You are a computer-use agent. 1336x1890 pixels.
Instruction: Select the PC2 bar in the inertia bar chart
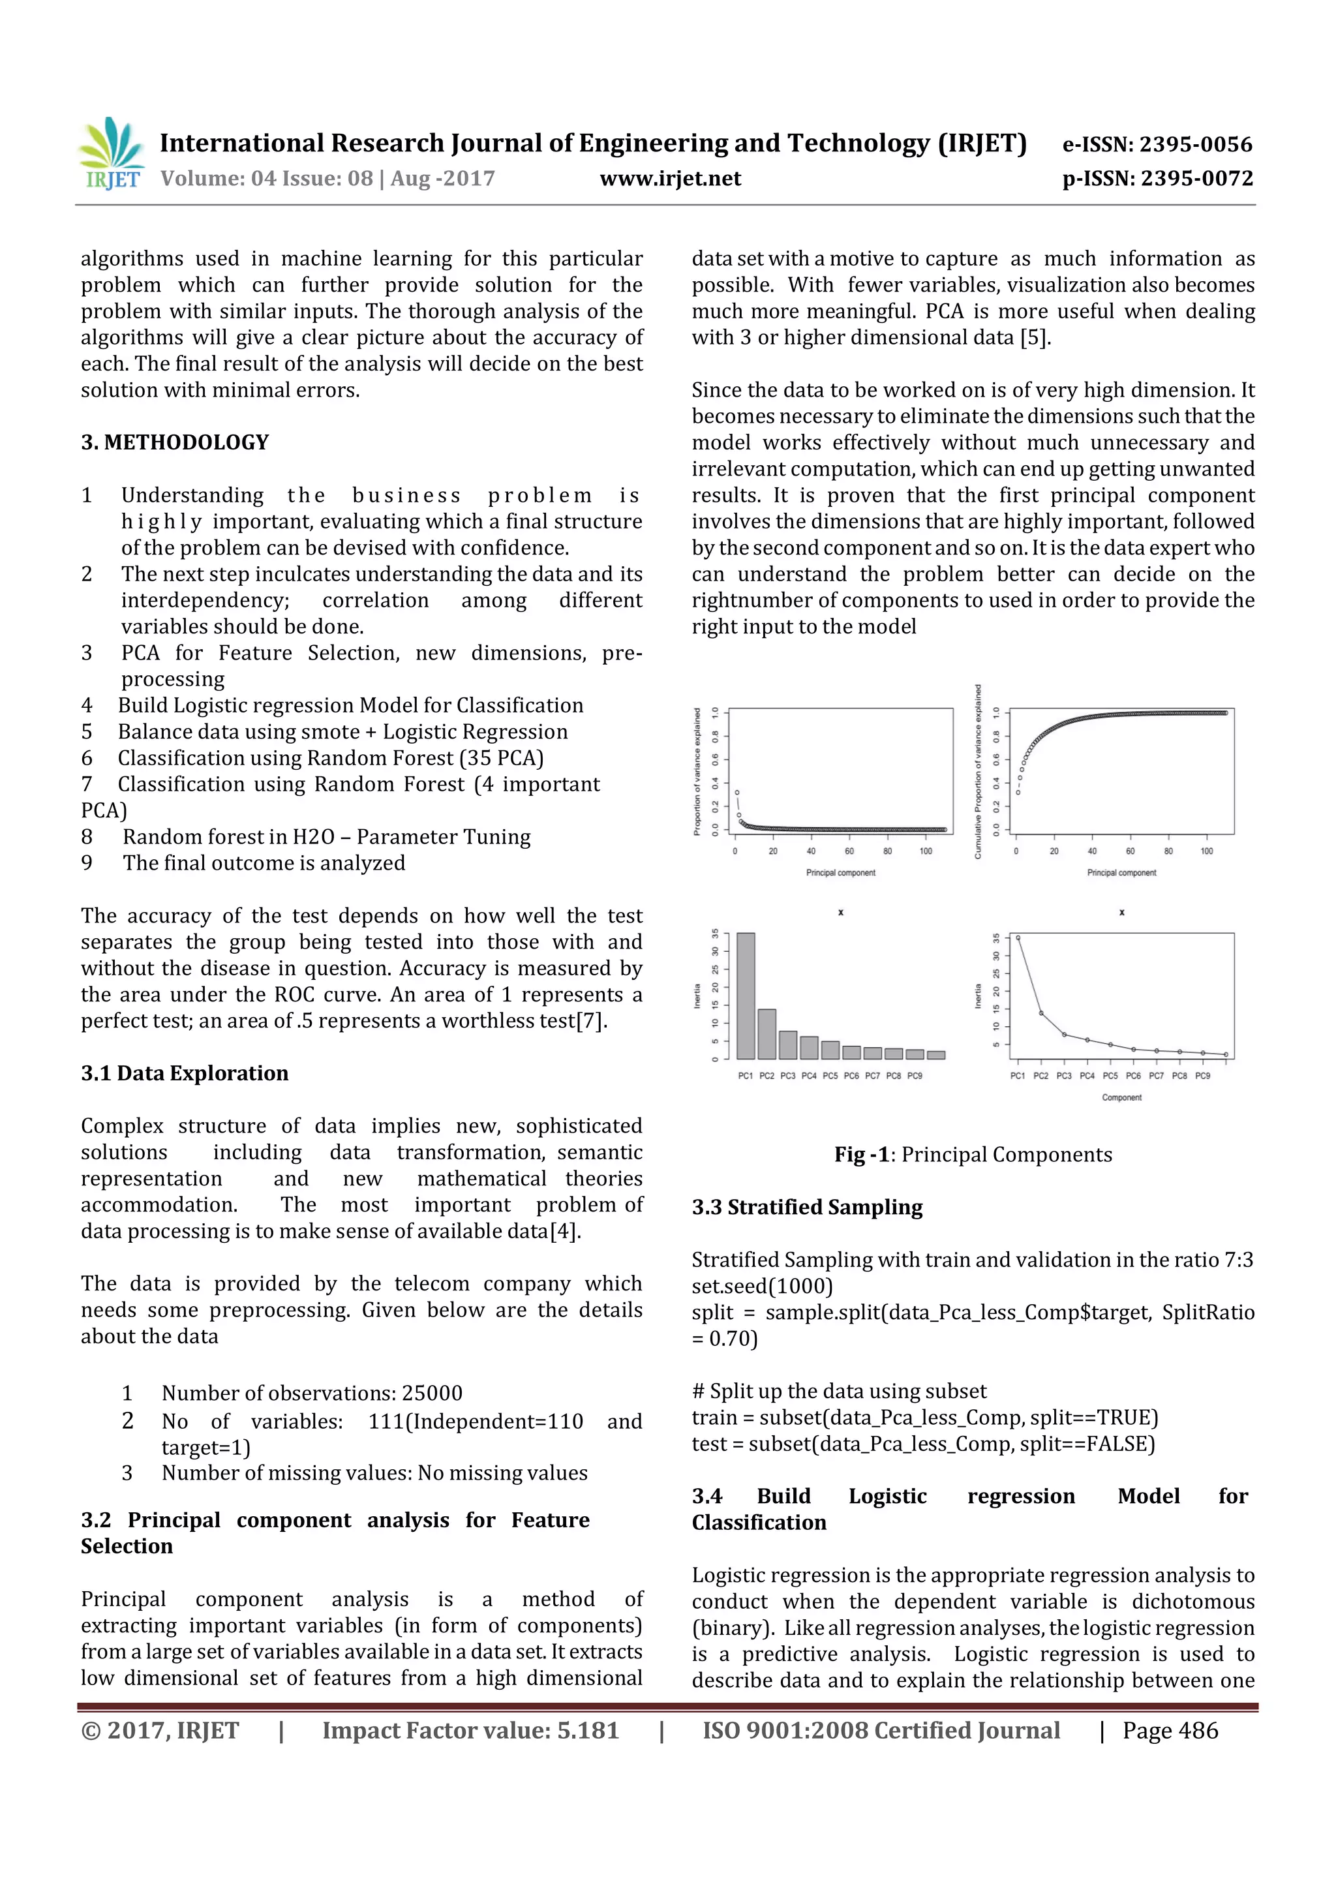point(767,1033)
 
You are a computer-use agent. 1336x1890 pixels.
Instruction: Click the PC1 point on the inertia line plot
point(1018,937)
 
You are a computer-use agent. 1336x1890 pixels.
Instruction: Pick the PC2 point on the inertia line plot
point(1041,1013)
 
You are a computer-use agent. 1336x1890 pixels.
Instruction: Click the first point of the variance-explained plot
point(736,792)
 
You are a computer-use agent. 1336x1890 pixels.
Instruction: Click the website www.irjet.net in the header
point(670,179)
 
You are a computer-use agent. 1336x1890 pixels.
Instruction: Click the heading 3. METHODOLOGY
point(175,442)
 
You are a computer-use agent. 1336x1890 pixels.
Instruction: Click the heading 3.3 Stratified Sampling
point(807,1207)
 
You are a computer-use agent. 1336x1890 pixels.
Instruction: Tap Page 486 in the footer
point(1170,1731)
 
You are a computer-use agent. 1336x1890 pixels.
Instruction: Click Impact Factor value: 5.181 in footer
point(470,1731)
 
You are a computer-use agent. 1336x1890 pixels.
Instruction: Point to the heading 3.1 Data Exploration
point(185,1073)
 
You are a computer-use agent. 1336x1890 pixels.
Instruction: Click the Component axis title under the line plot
point(1121,1097)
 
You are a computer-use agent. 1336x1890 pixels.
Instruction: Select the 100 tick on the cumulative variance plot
point(1206,851)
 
